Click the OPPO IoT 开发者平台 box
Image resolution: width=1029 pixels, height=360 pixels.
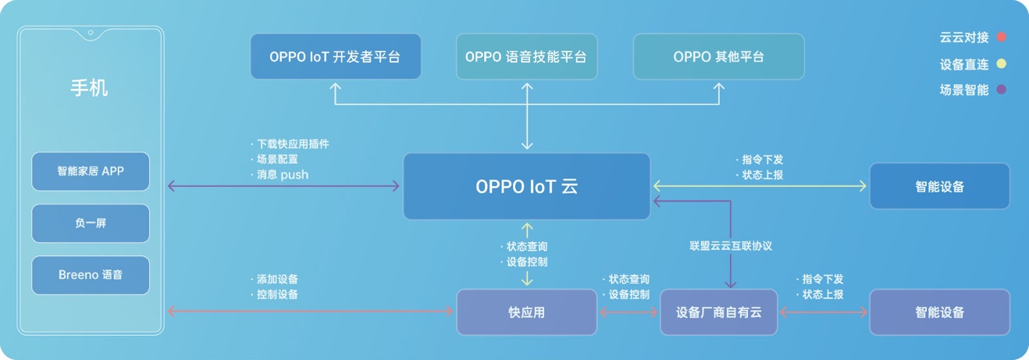(x=336, y=56)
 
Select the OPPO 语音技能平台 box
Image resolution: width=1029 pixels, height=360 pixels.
(x=526, y=56)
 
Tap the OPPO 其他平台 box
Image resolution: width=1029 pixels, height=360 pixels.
(x=718, y=56)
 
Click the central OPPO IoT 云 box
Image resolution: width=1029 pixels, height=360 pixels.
(x=526, y=186)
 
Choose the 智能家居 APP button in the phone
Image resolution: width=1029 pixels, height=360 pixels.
(x=91, y=172)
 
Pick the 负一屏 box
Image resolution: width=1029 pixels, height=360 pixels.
(x=91, y=223)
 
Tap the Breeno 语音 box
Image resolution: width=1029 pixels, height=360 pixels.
(x=91, y=275)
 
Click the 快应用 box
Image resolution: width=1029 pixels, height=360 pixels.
(x=526, y=312)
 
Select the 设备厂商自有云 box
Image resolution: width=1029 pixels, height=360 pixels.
(x=718, y=312)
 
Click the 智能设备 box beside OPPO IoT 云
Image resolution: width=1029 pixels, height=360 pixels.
(x=939, y=186)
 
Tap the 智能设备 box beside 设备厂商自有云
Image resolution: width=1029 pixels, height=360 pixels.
(x=939, y=312)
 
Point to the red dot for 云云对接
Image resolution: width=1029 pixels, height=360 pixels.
(x=1002, y=37)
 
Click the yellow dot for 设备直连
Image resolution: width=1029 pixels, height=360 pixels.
(x=1002, y=64)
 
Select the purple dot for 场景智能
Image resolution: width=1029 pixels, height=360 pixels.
(x=1002, y=90)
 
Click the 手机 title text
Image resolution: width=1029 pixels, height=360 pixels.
(x=90, y=88)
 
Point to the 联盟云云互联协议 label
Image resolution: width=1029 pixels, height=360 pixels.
(x=731, y=246)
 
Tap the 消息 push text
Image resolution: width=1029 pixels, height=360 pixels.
(x=282, y=175)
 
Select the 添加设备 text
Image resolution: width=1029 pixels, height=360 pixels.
(x=276, y=279)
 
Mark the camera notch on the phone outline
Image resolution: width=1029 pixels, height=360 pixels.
(x=91, y=33)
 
